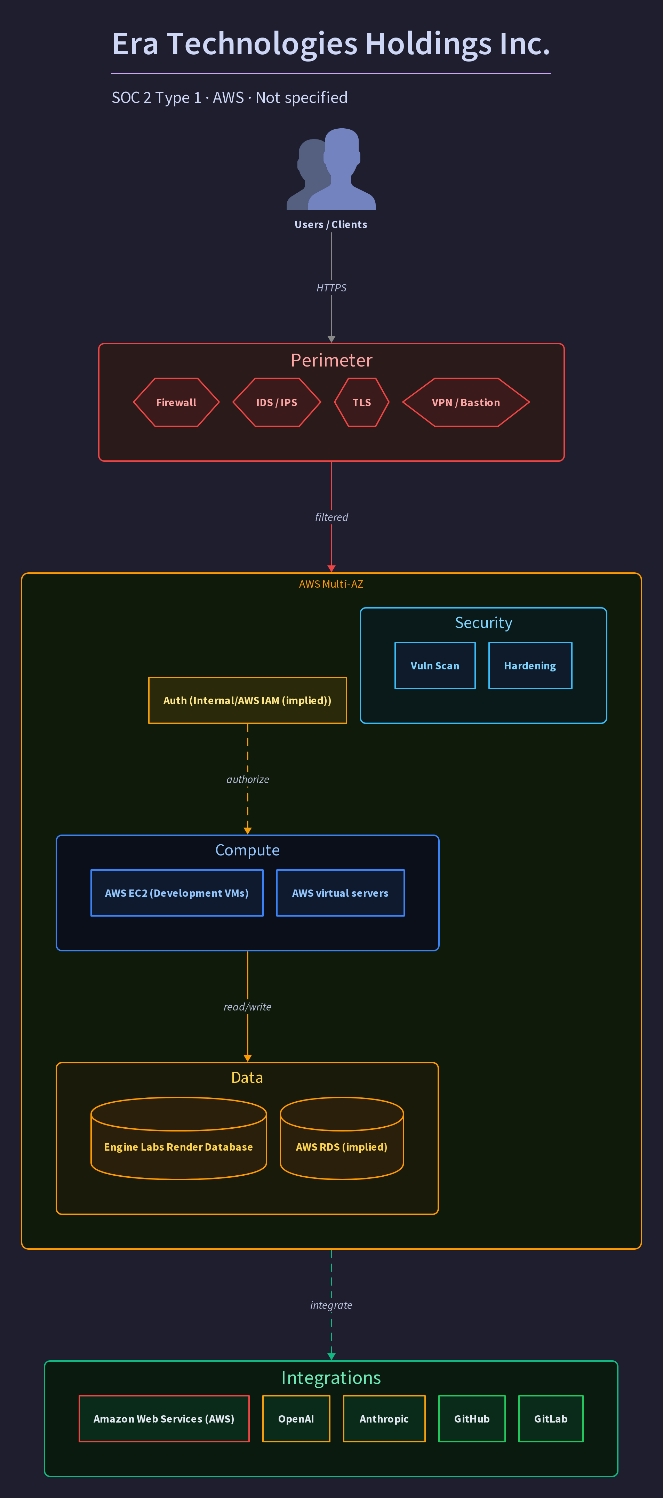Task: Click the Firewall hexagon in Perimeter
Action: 176,402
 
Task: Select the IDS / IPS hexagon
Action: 277,402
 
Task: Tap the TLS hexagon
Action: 362,402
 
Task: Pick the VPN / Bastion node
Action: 466,402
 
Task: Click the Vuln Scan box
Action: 435,666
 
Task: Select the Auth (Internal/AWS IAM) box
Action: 248,700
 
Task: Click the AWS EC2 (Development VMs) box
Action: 177,893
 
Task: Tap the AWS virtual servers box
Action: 340,893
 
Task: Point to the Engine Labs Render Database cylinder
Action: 178,1138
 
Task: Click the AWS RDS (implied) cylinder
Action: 342,1138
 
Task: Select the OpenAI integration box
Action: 296,1419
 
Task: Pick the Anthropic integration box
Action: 384,1419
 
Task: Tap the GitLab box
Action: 551,1419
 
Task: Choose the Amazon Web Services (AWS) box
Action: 164,1419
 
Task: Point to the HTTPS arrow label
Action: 331,288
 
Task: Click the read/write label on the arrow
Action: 248,1007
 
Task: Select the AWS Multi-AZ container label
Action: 331,584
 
